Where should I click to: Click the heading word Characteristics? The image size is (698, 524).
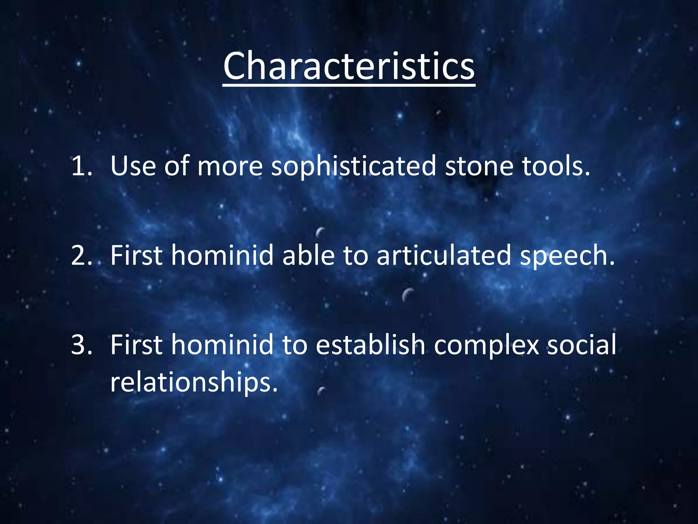349,66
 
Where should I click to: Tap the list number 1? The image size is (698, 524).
81,166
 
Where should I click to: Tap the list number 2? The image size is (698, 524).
81,256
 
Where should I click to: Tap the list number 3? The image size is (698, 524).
81,345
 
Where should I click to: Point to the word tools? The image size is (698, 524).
556,166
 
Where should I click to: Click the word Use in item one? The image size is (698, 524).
133,166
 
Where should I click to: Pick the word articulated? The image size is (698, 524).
443,256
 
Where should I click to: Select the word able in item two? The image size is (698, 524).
308,256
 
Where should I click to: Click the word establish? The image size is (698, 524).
370,345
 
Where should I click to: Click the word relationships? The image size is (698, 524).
194,382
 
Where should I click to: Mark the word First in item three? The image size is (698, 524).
136,345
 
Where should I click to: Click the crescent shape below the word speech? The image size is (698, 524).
407,294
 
